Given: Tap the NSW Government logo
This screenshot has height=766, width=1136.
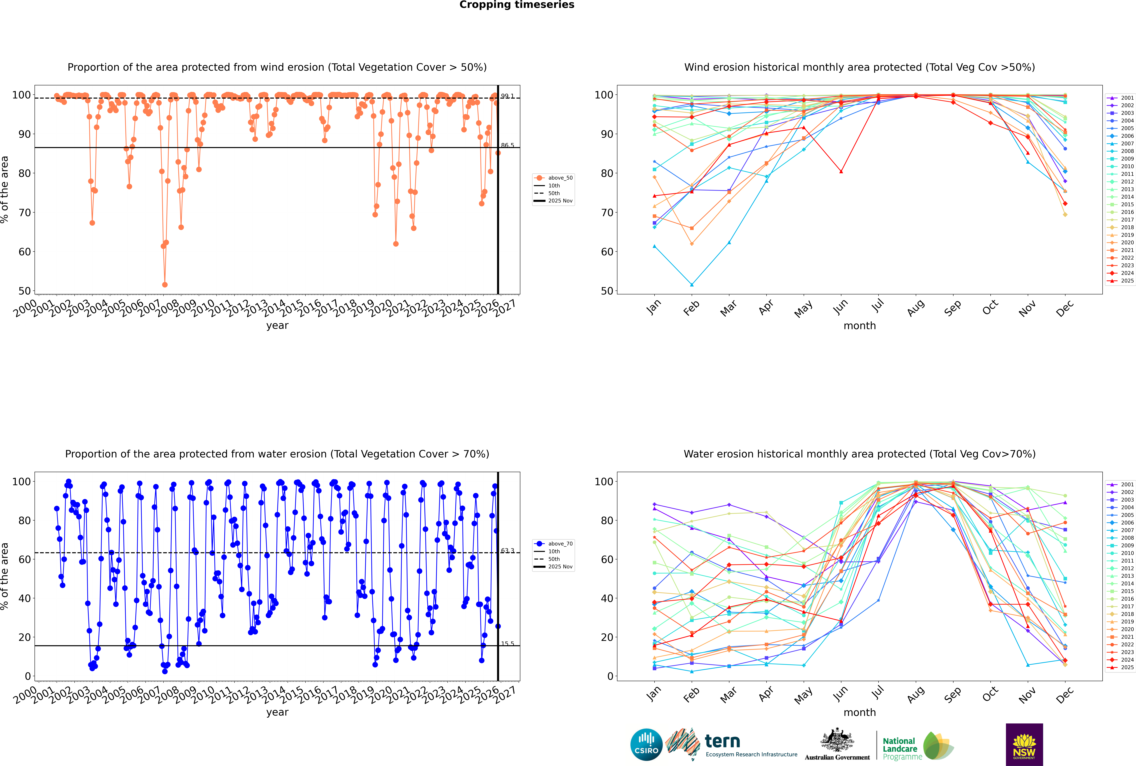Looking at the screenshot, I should coord(1024,744).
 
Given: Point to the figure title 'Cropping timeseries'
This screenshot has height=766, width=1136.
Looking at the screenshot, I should coord(517,5).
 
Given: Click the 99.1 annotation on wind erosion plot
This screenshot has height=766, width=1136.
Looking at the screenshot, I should coord(507,96).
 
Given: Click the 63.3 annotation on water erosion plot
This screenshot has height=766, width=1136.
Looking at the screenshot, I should coord(507,551).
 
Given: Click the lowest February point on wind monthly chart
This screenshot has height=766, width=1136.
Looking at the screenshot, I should coord(692,285).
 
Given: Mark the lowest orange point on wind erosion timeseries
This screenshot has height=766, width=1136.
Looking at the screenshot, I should coord(165,285).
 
